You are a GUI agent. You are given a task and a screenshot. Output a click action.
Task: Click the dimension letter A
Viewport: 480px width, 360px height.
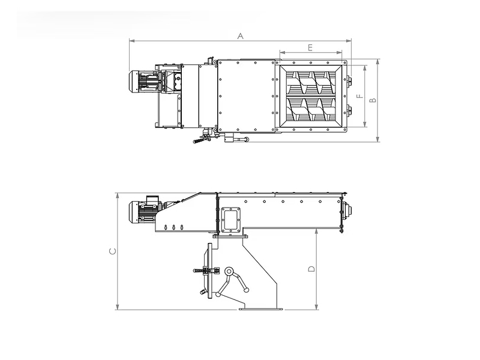[x=241, y=36]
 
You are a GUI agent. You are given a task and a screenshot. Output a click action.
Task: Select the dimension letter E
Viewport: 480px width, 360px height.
[x=310, y=48]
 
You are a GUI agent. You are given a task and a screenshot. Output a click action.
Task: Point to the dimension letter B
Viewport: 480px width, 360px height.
[x=373, y=100]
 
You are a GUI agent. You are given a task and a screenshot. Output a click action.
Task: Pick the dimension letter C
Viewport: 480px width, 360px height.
[x=113, y=251]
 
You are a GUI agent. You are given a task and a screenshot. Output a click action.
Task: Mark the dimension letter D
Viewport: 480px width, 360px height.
[x=311, y=269]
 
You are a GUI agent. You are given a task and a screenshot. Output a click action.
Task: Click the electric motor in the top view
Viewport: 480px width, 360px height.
[x=144, y=81]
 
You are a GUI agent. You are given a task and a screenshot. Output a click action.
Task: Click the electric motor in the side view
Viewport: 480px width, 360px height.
[x=143, y=212]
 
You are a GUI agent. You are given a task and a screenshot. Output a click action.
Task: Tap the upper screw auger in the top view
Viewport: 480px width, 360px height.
[x=311, y=83]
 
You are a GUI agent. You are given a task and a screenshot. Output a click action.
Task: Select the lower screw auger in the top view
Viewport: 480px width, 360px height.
[x=311, y=109]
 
